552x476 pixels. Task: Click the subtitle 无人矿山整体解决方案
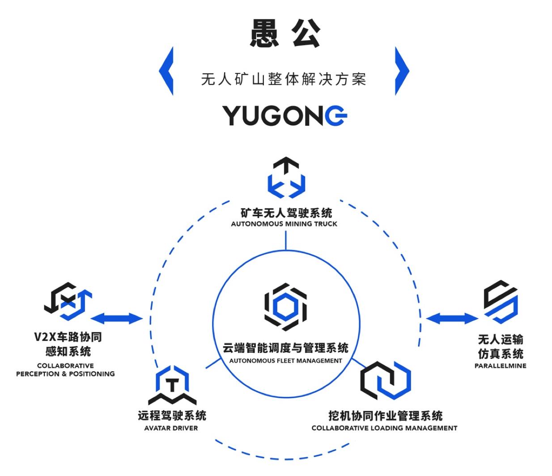point(284,80)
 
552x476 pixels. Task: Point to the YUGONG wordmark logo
point(285,115)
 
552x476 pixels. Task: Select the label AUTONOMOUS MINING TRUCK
point(284,224)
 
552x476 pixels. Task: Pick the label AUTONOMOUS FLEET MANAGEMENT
point(285,361)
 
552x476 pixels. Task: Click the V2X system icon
point(68,301)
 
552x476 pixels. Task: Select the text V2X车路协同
point(68,337)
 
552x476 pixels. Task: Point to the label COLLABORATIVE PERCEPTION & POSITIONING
point(65,370)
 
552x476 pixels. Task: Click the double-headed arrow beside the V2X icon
point(116,319)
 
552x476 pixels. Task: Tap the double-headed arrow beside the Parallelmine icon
point(452,319)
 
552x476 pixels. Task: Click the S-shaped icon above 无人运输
point(500,302)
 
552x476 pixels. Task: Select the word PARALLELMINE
point(500,365)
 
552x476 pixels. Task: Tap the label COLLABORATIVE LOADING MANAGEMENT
point(384,428)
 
